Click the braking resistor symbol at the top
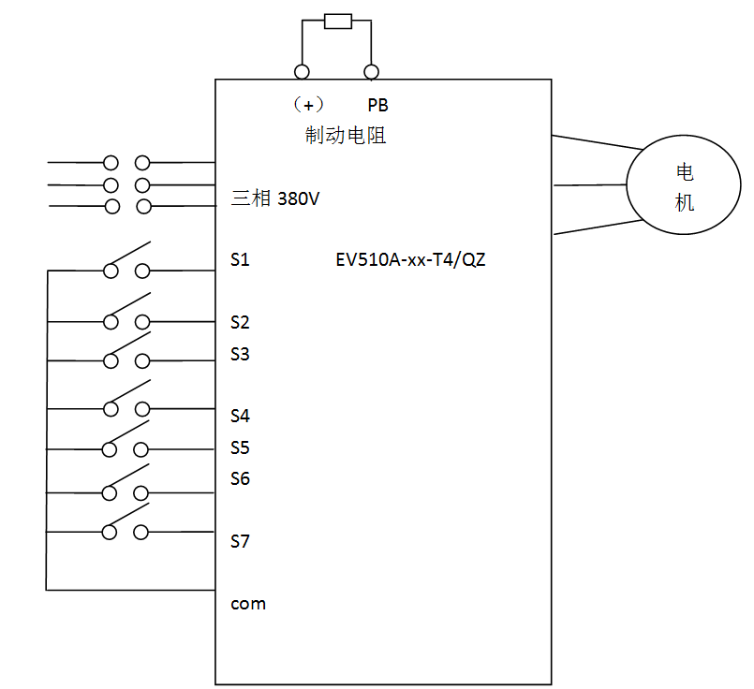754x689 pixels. coord(337,21)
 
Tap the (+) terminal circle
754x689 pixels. coord(302,71)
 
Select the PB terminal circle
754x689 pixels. coord(371,71)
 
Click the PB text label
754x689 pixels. coord(377,106)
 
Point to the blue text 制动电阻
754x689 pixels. coord(346,136)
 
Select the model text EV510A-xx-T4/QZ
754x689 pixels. coord(410,260)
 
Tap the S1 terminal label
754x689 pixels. coord(240,259)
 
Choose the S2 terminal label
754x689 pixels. coord(240,323)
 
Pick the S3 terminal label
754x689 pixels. coord(240,354)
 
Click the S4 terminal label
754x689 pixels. coord(240,416)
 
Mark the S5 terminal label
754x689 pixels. coord(240,447)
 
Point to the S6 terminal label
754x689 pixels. coord(240,478)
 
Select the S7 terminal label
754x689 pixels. coord(240,541)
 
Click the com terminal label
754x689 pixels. coord(248,604)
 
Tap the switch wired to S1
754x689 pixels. coord(126,262)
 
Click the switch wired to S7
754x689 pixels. coord(126,524)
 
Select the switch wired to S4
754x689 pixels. coord(126,400)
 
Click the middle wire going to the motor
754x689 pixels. coord(590,184)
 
